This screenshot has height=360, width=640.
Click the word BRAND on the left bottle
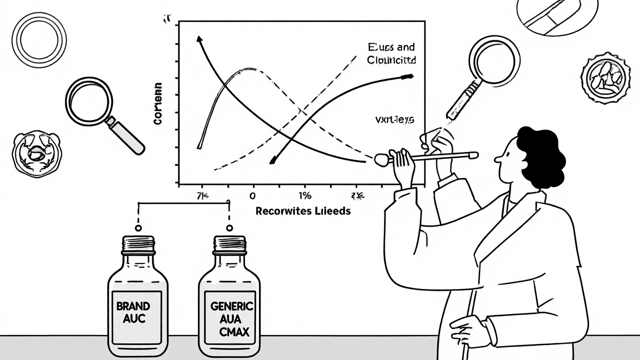[x=132, y=306]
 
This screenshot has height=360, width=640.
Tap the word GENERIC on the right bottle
[x=232, y=306]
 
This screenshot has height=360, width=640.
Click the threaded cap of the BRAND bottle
[x=138, y=244]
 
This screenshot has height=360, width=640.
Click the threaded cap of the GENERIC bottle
[x=229, y=244]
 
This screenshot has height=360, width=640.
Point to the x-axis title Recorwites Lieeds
[x=303, y=211]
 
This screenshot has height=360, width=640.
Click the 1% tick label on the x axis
[x=304, y=195]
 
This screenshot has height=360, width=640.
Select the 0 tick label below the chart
[x=252, y=195]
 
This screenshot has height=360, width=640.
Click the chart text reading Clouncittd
[x=391, y=59]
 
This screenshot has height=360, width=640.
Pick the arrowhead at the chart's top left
[x=199, y=40]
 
